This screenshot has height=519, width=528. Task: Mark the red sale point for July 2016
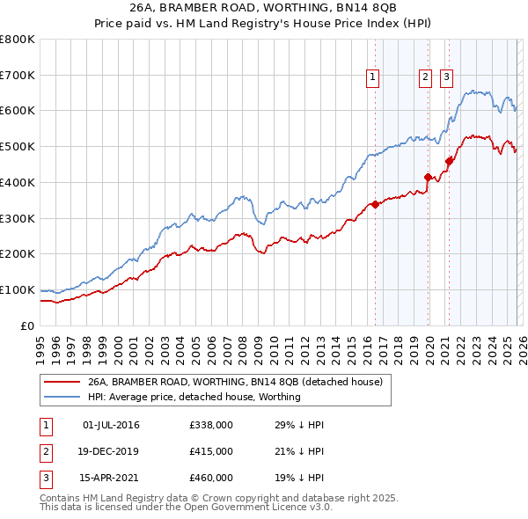pos(375,204)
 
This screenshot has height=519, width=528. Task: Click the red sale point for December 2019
pos(429,177)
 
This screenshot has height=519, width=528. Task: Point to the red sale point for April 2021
pos(449,160)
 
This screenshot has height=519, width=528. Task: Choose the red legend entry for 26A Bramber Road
pos(234,383)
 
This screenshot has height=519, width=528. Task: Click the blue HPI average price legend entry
pos(194,397)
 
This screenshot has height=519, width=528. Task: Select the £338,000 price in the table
pos(210,425)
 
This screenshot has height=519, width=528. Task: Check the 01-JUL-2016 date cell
pos(111,425)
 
